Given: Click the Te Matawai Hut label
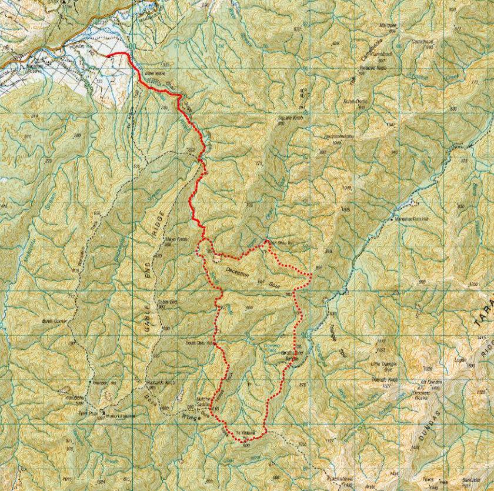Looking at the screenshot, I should click(248, 435).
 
